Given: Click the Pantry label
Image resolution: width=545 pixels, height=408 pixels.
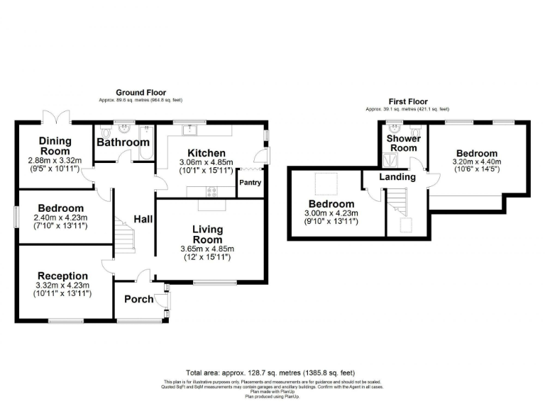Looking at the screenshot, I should (x=251, y=183).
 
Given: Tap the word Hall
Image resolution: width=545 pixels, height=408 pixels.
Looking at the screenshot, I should (x=143, y=220).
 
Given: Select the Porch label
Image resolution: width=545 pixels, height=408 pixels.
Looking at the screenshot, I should (x=138, y=299).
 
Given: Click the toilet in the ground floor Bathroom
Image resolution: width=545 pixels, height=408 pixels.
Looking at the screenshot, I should (x=106, y=132).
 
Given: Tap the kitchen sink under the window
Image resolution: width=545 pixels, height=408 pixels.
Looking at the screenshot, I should (x=190, y=130).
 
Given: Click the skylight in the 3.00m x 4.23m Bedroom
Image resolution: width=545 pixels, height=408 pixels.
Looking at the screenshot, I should (x=326, y=182).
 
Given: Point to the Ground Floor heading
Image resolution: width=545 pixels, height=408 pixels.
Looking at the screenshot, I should (x=141, y=93).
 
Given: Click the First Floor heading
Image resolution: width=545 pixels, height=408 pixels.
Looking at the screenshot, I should (x=408, y=102).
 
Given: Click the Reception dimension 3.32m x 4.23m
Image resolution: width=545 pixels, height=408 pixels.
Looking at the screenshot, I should (x=62, y=285).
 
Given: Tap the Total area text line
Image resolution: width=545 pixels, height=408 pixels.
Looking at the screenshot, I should (x=270, y=373).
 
